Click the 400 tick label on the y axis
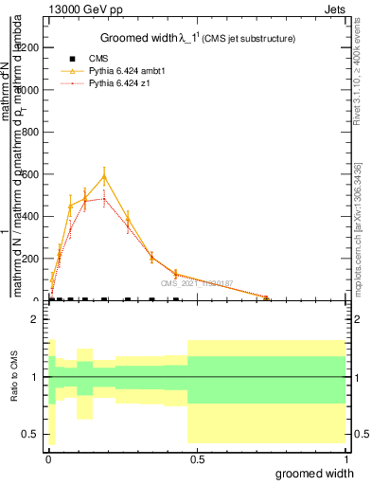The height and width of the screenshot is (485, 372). pyautogui.click(x=30, y=217)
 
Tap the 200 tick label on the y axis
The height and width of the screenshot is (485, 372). pyautogui.click(x=30, y=259)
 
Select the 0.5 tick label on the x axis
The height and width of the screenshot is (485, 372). pyautogui.click(x=196, y=458)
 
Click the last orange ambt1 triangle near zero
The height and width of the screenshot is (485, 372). pyautogui.click(x=266, y=298)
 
